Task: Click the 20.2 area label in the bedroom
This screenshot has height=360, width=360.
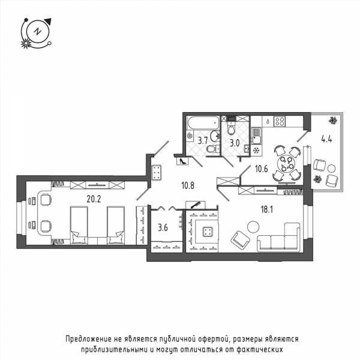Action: [94, 199]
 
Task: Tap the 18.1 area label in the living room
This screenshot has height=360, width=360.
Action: [267, 209]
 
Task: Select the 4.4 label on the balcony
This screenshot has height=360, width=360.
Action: [326, 139]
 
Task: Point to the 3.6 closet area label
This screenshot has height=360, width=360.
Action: [163, 228]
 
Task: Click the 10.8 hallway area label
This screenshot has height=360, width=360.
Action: [188, 185]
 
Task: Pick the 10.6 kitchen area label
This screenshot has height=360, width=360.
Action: [262, 169]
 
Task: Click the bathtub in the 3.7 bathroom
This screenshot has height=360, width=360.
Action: [203, 122]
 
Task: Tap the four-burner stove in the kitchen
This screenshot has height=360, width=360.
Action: [280, 121]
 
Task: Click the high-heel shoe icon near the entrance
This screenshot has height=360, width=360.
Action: [183, 161]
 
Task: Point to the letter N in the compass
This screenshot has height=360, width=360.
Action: [37, 31]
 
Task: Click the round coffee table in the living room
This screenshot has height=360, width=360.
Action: [253, 227]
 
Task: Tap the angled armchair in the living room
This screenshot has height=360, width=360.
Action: [240, 241]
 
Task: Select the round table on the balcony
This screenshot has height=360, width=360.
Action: [331, 169]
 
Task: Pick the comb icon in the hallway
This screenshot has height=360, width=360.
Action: [195, 205]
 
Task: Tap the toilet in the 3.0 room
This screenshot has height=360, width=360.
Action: [231, 128]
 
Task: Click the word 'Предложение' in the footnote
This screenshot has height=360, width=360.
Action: [87, 339]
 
